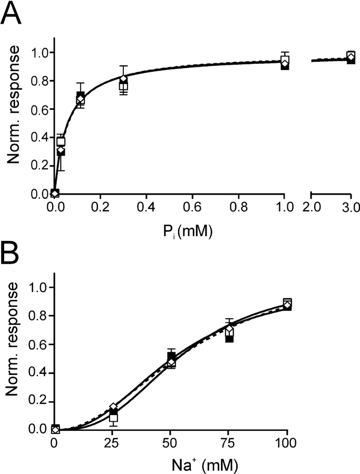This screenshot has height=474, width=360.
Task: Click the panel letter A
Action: click(x=11, y=14)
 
